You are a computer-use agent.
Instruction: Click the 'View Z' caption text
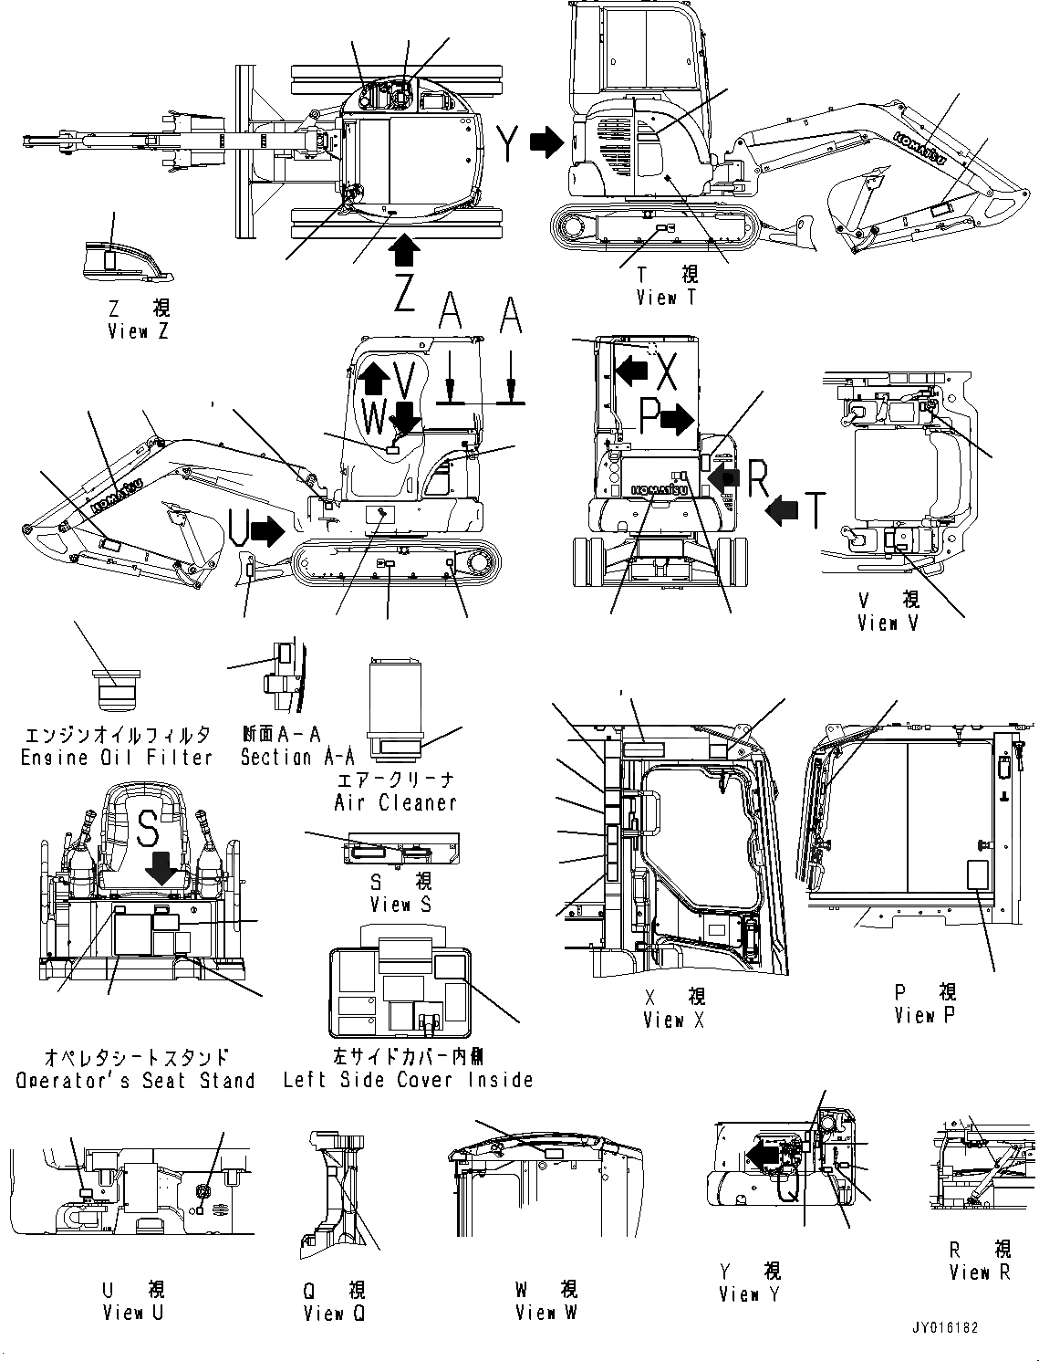click(x=138, y=332)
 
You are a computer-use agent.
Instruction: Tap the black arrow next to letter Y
click(x=547, y=141)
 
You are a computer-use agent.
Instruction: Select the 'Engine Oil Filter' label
click(x=117, y=758)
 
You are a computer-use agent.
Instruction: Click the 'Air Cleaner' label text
click(x=395, y=802)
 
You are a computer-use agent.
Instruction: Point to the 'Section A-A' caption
click(x=297, y=758)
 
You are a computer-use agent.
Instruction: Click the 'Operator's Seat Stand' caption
click(x=135, y=1081)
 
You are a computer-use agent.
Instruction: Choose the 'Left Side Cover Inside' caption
click(x=408, y=1080)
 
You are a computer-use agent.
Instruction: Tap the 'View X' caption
click(x=673, y=1021)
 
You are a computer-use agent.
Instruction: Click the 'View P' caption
click(x=925, y=1015)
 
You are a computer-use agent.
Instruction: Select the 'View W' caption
click(x=545, y=1313)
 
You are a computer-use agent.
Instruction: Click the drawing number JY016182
click(x=943, y=1328)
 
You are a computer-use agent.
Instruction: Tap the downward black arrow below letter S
click(x=162, y=868)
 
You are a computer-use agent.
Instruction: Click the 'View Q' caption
click(x=336, y=1314)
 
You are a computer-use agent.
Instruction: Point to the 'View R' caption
click(x=980, y=1272)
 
